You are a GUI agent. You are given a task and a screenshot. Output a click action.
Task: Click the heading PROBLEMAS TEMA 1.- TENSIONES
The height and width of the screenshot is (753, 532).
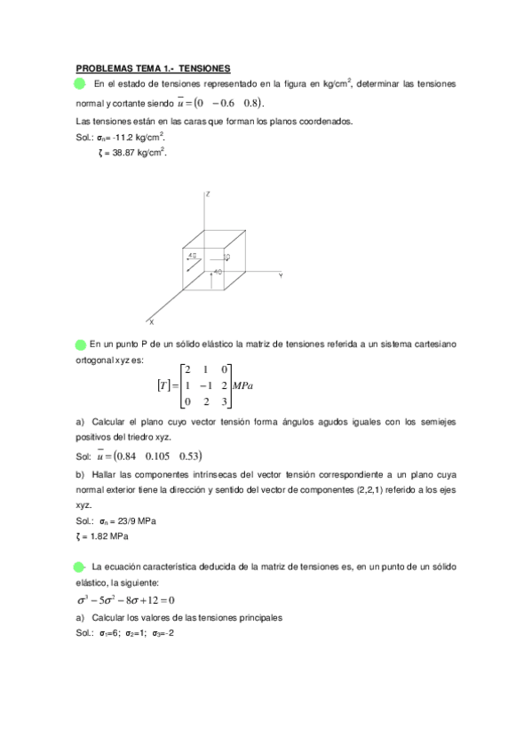pos(153,67)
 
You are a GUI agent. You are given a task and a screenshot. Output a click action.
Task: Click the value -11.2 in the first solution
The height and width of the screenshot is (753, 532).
pos(124,138)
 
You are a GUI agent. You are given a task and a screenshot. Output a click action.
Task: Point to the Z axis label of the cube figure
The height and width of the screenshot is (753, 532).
pos(207,193)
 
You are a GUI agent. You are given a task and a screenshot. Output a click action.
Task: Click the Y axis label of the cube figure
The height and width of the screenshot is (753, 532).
pos(281,276)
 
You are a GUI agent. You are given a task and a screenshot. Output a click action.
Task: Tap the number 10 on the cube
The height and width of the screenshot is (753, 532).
pos(226,258)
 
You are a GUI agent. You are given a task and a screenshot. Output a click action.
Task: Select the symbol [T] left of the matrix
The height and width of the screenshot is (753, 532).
pos(163,385)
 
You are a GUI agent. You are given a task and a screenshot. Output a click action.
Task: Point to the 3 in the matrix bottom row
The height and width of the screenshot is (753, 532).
pos(226,402)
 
